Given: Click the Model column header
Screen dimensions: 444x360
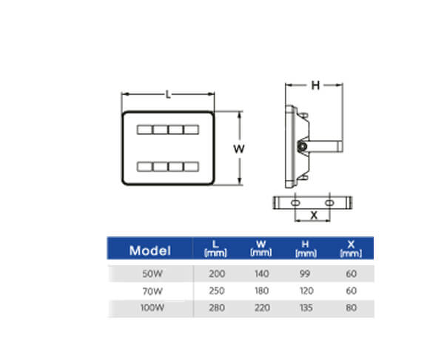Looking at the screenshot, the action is tap(150, 250).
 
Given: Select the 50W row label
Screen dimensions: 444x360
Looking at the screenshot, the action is tap(152, 274).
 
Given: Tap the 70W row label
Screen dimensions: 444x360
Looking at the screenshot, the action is tap(152, 291).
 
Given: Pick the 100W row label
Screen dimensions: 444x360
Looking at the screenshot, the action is tap(152, 308).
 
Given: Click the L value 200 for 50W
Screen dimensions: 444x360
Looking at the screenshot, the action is tap(217, 274).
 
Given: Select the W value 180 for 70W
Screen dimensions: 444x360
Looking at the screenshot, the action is tap(261, 291).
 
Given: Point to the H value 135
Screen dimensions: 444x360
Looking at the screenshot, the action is tap(306, 308).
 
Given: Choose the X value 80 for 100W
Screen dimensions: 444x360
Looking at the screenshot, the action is tap(351, 308).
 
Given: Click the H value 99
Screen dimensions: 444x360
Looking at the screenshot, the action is tap(305, 274).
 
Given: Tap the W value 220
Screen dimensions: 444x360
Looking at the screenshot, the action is tap(262, 308).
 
